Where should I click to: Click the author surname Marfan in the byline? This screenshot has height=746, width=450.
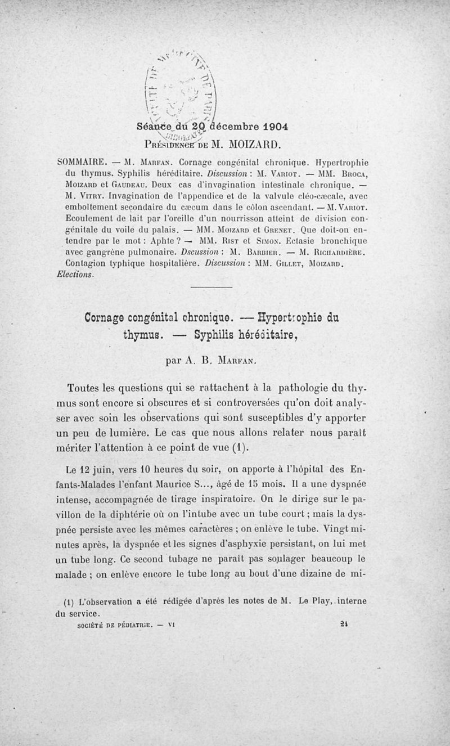pos(244,360)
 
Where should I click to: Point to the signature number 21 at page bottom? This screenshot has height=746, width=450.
pos(345,623)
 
